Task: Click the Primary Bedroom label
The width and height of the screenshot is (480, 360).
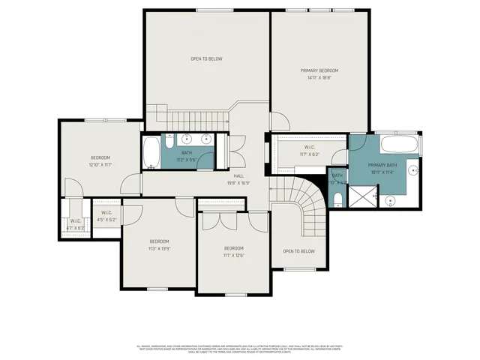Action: click(320, 70)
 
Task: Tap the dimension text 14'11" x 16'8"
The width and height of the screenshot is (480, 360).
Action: click(320, 77)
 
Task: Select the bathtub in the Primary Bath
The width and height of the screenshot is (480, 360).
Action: click(398, 145)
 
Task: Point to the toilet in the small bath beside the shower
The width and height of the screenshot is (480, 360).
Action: click(337, 198)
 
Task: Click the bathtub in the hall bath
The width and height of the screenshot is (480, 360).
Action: click(151, 151)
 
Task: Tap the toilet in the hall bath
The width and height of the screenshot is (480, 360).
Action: click(170, 141)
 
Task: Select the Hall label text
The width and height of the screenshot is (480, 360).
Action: click(238, 175)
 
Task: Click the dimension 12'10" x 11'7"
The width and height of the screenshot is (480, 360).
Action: click(100, 164)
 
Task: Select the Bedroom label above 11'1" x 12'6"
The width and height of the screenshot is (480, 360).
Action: click(233, 248)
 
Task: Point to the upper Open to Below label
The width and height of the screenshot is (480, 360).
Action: click(206, 58)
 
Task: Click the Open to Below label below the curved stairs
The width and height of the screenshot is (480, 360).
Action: click(298, 251)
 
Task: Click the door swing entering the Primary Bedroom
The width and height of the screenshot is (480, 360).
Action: click(278, 121)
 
